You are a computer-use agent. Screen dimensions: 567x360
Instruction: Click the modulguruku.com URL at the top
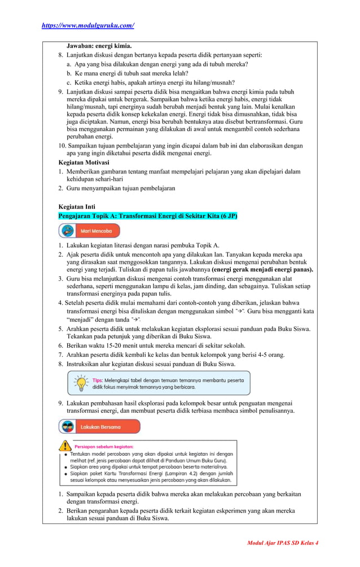pyautogui.click(x=87, y=25)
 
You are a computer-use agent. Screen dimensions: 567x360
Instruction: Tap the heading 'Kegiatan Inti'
pyautogui.click(x=77, y=207)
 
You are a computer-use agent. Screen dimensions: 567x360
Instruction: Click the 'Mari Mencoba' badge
pyautogui.click(x=89, y=231)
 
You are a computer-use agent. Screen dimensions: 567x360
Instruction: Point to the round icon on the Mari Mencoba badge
pyautogui.click(x=68, y=231)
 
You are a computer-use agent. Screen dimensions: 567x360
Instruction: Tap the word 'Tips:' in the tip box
pyautogui.click(x=98, y=380)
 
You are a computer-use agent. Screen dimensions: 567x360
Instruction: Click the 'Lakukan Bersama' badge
pyautogui.click(x=99, y=427)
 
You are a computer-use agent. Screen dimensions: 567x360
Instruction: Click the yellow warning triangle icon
pyautogui.click(x=67, y=446)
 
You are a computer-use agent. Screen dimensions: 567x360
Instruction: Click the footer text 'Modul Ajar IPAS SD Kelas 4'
pyautogui.click(x=283, y=543)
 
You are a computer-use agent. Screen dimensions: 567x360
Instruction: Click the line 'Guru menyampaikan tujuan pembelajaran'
pyautogui.click(x=121, y=188)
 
